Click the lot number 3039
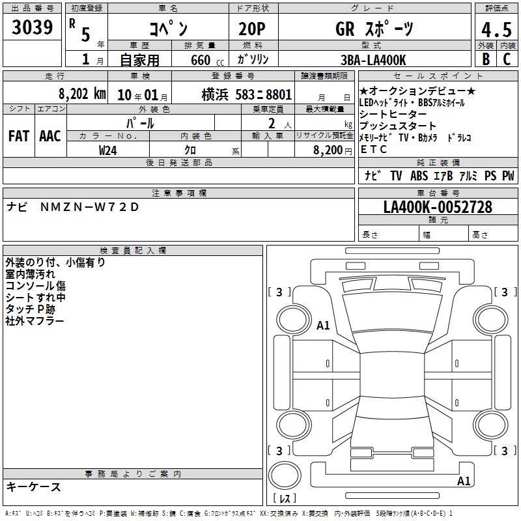(x=32, y=27)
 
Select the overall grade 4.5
(x=496, y=29)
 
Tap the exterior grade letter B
(x=486, y=59)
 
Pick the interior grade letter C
(x=507, y=59)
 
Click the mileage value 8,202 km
(x=82, y=94)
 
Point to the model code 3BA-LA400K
(x=373, y=60)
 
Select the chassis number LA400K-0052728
(x=438, y=207)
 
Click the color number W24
(x=107, y=150)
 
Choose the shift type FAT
(x=19, y=136)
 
